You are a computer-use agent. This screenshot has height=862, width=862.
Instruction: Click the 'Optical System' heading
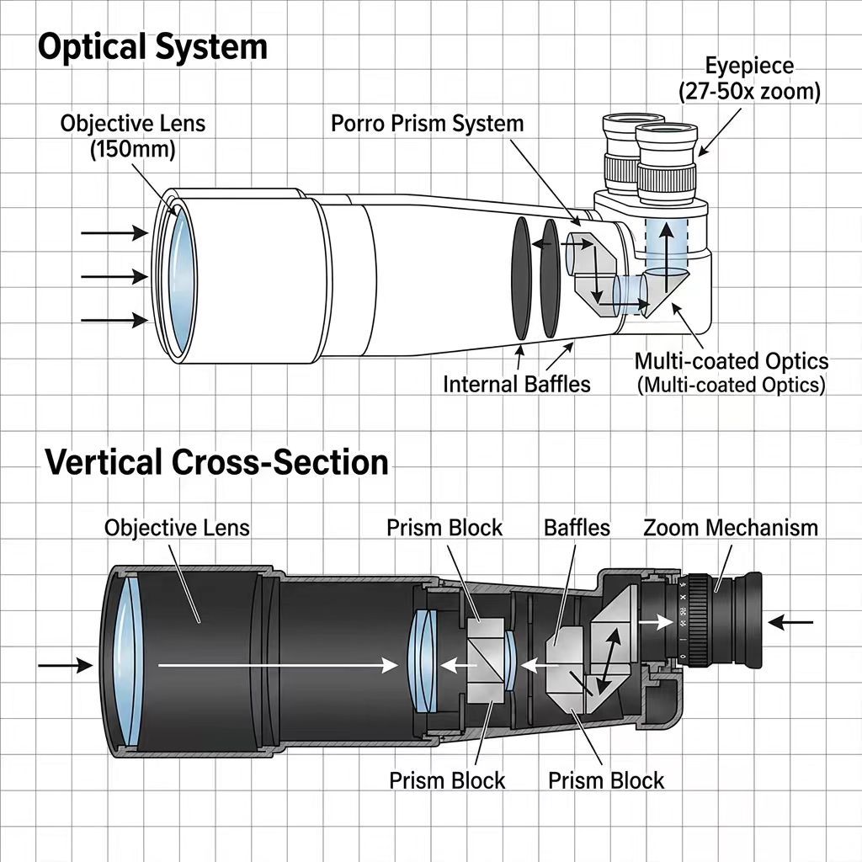pyautogui.click(x=152, y=47)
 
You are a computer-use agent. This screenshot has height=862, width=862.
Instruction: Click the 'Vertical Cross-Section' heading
pyautogui.click(x=216, y=462)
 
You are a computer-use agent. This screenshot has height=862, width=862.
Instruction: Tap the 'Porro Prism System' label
pyautogui.click(x=427, y=123)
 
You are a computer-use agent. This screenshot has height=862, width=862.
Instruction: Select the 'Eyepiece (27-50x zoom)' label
pyautogui.click(x=749, y=78)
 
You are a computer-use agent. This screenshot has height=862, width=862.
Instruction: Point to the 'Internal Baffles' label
pyautogui.click(x=517, y=384)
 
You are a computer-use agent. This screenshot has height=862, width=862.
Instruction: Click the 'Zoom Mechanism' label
pyautogui.click(x=731, y=528)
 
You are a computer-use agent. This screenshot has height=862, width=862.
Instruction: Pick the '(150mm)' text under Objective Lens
pyautogui.click(x=132, y=149)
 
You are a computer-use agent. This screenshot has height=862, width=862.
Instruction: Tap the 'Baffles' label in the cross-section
pyautogui.click(x=577, y=528)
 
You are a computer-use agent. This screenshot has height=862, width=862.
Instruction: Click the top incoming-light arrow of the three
pyautogui.click(x=114, y=233)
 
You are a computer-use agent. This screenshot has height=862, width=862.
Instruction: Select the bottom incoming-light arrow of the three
pyautogui.click(x=114, y=319)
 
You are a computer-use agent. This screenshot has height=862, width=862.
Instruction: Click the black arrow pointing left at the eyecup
pyautogui.click(x=790, y=623)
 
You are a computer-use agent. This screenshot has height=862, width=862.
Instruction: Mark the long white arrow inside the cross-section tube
pyautogui.click(x=278, y=666)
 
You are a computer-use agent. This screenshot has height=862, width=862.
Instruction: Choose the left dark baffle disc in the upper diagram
pyautogui.click(x=521, y=278)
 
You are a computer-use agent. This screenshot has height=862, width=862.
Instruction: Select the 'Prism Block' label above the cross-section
pyautogui.click(x=444, y=528)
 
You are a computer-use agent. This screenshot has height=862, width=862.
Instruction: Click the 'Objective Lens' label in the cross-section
pyautogui.click(x=177, y=528)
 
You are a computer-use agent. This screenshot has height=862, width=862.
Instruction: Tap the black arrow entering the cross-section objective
pyautogui.click(x=66, y=666)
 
